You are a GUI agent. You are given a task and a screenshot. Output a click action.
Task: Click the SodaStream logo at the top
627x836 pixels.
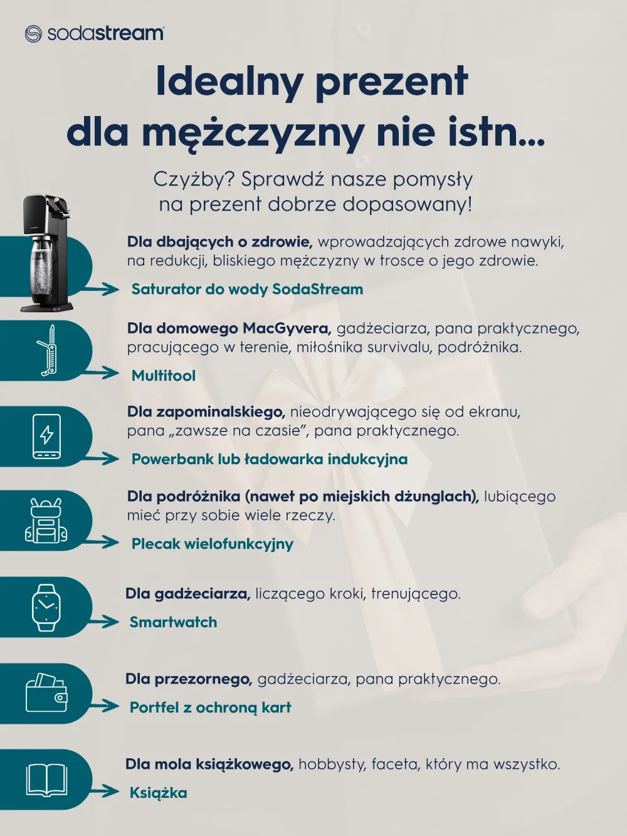tap(95, 33)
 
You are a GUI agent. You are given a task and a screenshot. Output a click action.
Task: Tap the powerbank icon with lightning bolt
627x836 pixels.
tap(47, 436)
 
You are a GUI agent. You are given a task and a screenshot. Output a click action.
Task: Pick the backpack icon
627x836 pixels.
tap(46, 521)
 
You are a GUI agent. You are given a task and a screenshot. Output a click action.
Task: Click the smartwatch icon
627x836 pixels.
tap(46, 607)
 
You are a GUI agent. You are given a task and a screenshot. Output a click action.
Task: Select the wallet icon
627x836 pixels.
tap(46, 693)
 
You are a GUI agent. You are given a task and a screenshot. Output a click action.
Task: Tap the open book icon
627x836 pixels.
tap(46, 780)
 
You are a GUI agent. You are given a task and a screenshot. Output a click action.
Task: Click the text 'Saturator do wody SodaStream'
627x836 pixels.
tap(247, 289)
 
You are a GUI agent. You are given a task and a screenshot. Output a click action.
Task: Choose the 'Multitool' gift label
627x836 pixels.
tap(163, 376)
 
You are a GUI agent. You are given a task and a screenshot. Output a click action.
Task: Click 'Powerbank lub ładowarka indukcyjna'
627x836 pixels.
tap(269, 459)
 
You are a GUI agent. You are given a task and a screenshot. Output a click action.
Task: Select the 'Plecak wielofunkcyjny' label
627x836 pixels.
tap(212, 544)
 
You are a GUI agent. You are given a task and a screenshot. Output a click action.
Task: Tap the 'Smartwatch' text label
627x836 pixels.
tap(173, 622)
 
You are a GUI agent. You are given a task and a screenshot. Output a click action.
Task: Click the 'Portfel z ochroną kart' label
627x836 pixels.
tap(210, 707)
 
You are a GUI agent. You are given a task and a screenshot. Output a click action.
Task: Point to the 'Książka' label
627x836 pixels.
tap(158, 793)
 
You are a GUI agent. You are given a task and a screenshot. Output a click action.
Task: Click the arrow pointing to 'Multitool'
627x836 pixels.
tap(103, 374)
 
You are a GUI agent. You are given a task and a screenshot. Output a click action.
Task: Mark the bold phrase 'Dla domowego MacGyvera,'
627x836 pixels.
tap(229, 328)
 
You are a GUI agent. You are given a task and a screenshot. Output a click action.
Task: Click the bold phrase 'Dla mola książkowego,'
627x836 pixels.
tap(209, 764)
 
